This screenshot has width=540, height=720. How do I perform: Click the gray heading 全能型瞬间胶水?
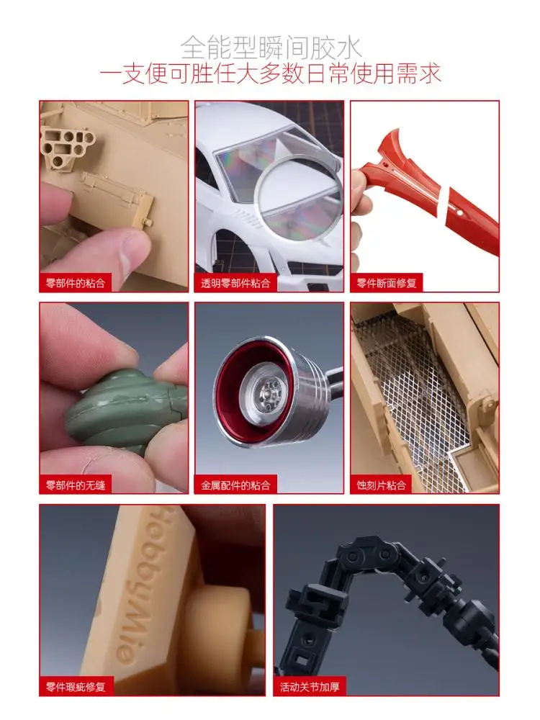click(x=270, y=48)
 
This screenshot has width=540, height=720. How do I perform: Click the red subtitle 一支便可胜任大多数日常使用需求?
click(x=270, y=73)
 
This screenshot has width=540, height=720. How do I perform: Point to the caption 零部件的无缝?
click(x=75, y=485)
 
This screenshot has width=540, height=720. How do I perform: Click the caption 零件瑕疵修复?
click(x=75, y=687)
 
